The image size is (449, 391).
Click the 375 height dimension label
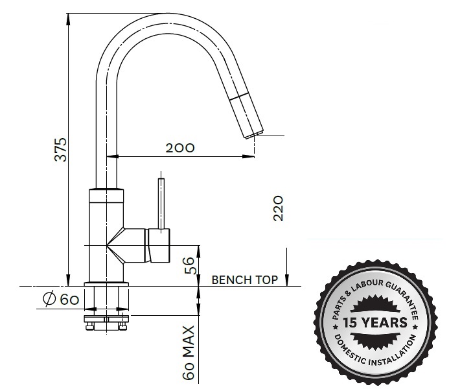[x=60, y=150]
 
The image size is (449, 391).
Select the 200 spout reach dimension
[x=180, y=147]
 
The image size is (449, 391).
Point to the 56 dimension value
[x=189, y=265]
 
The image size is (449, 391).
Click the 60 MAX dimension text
[x=189, y=353]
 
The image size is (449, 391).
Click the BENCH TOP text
[x=245, y=280]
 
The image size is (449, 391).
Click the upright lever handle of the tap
[x=160, y=202]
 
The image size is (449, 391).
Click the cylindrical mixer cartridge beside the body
[x=159, y=245]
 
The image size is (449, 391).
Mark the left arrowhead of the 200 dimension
[x=111, y=156]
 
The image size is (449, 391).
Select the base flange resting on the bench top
[x=107, y=284]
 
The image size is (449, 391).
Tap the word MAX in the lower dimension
[x=189, y=340]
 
